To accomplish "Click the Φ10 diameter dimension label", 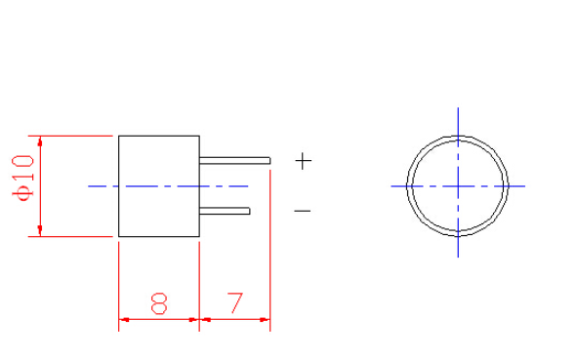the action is [22, 178].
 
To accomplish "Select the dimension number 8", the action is [159, 303].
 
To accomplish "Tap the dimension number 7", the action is [235, 303].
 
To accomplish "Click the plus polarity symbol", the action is [304, 161].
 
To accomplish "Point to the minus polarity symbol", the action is [303, 211].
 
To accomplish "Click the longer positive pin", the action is [234, 161].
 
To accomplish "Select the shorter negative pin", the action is [225, 211].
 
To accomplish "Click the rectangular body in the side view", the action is [159, 186].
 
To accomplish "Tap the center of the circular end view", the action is [458, 186].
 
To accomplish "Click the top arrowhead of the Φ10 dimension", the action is [40, 140].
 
